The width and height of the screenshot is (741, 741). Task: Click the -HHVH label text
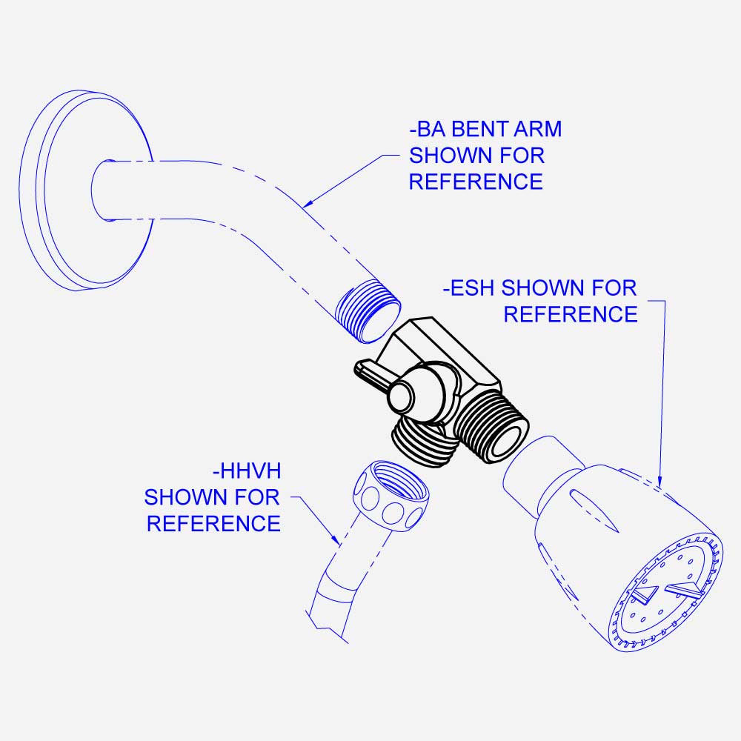[247, 471]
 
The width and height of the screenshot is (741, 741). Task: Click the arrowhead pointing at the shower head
[660, 481]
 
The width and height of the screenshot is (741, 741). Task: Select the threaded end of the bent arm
[368, 311]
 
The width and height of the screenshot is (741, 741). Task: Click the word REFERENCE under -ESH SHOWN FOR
[571, 314]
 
